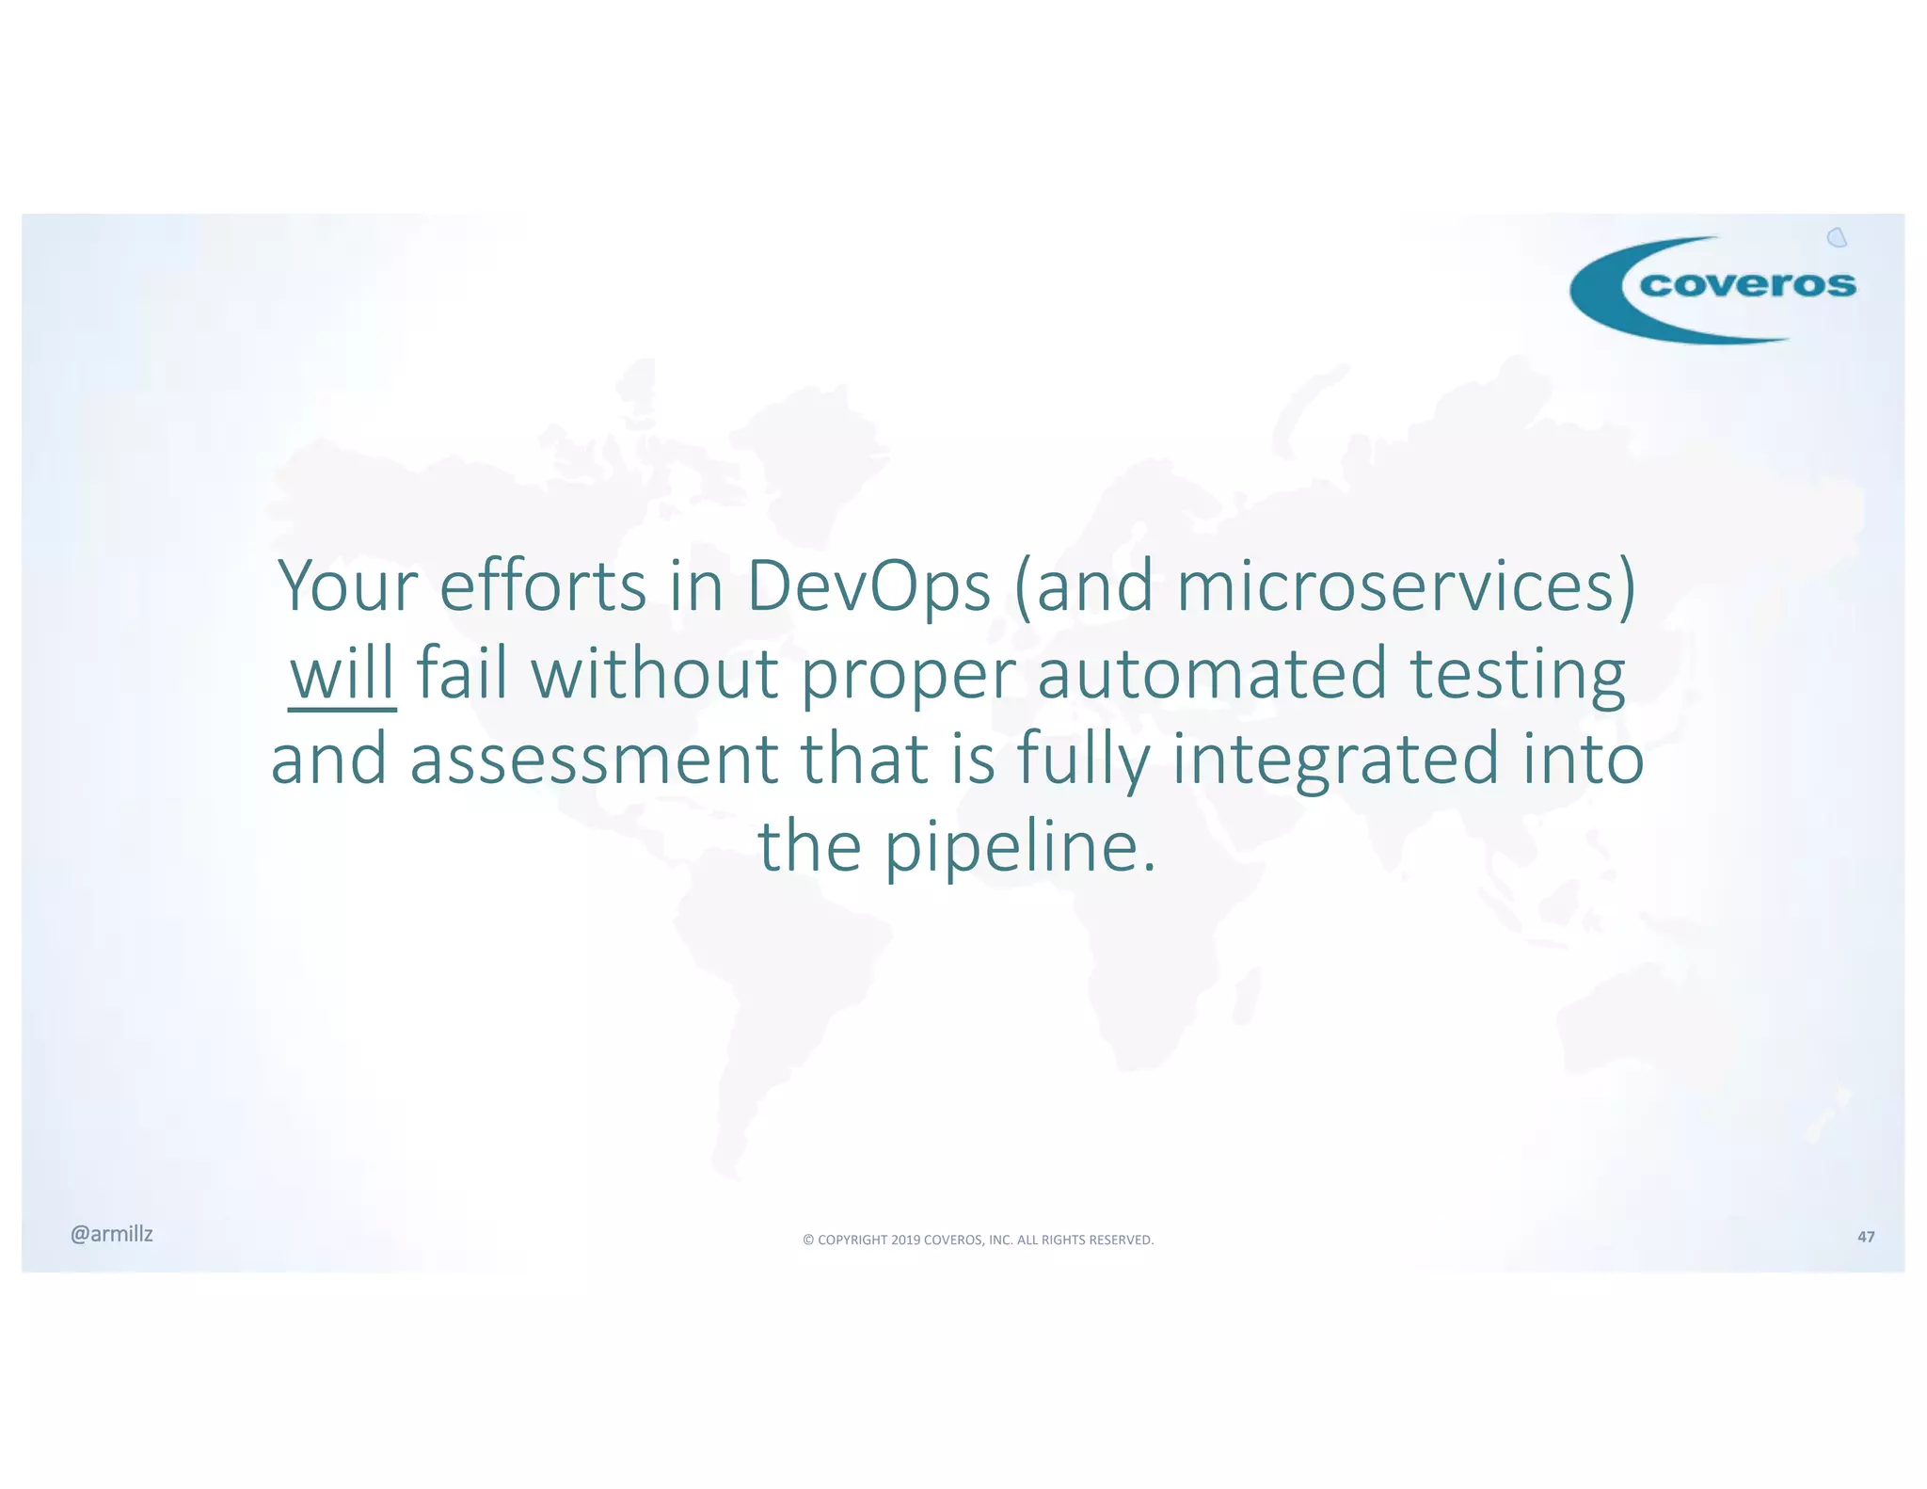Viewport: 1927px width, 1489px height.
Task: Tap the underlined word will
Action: pyautogui.click(x=342, y=674)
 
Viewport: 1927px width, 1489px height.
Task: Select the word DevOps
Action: pyautogui.click(x=868, y=586)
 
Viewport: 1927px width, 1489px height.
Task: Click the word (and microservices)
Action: pyautogui.click(x=1325, y=586)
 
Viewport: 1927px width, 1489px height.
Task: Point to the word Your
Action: pyautogui.click(x=347, y=586)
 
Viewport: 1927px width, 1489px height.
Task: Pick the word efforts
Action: pyautogui.click(x=543, y=586)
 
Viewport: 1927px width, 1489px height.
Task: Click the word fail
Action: pyautogui.click(x=461, y=674)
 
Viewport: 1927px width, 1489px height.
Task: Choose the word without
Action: pyautogui.click(x=655, y=674)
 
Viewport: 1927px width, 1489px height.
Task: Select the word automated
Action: pyautogui.click(x=1212, y=674)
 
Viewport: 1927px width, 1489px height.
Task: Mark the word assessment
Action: pyautogui.click(x=594, y=761)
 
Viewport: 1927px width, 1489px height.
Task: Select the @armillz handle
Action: pyautogui.click(x=111, y=1234)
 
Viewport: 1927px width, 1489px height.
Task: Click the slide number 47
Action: pyautogui.click(x=1865, y=1237)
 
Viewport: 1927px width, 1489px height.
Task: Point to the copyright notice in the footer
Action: pyautogui.click(x=978, y=1240)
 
